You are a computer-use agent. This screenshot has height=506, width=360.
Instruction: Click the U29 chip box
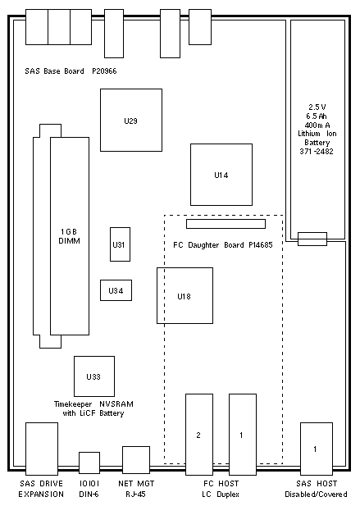[131, 120]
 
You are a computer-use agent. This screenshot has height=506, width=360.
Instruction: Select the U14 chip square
[221, 175]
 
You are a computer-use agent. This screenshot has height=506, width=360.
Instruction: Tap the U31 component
[120, 244]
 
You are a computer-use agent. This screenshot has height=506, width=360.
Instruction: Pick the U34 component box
[116, 290]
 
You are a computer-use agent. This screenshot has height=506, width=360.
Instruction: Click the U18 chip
[185, 295]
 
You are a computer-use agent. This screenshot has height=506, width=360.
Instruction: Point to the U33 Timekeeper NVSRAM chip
[94, 376]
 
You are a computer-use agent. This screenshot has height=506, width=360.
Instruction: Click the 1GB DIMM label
[69, 236]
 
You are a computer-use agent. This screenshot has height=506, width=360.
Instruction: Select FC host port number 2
[199, 435]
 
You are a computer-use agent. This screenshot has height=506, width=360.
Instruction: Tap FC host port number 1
[243, 435]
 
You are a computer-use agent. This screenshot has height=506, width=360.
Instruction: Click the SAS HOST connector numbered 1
[317, 449]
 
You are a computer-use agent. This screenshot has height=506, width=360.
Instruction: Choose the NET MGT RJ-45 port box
[136, 460]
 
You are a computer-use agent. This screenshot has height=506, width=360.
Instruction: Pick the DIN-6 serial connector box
[89, 463]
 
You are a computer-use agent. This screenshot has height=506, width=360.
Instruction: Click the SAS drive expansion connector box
[42, 449]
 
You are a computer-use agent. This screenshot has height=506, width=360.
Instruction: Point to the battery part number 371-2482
[317, 152]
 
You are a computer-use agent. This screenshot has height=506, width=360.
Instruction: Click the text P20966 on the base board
[104, 71]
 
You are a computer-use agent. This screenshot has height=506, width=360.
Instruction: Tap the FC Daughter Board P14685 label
[223, 245]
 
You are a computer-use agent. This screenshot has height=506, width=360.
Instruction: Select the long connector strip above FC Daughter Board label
[226, 224]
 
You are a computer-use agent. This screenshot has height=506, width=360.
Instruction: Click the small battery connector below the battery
[312, 239]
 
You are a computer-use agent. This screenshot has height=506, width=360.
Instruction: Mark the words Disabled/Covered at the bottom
[316, 494]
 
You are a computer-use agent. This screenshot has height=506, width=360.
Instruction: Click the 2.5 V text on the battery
[317, 107]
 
